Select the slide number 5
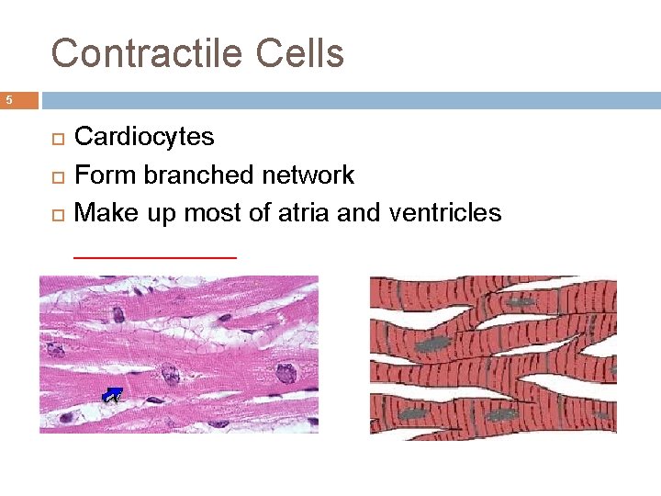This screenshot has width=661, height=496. point(7,100)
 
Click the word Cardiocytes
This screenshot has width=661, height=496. point(144,137)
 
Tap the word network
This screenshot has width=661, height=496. point(308,175)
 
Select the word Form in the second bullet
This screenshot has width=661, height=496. point(103,175)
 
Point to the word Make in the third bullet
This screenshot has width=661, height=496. point(104,213)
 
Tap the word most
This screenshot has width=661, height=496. point(210,213)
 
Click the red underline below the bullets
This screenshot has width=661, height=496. point(154,257)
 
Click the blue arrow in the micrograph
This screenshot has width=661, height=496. point(111,396)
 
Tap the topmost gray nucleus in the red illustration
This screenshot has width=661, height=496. point(521,302)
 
